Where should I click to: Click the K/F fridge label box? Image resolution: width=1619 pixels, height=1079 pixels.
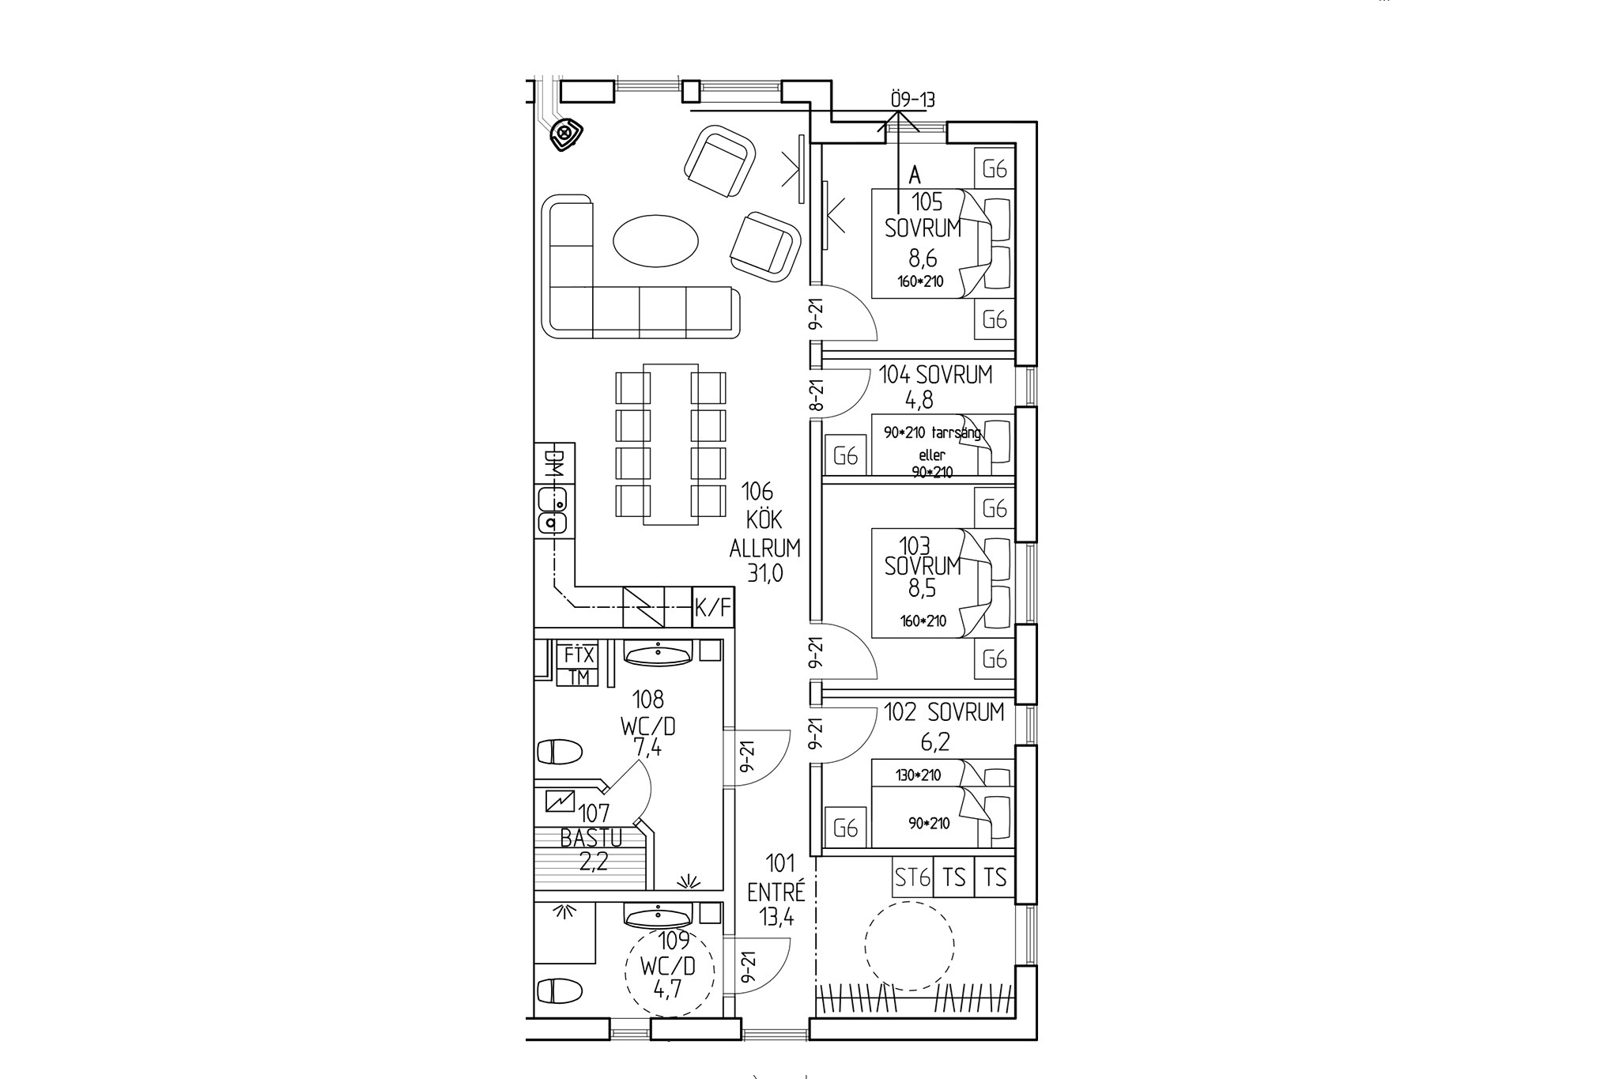coord(712,607)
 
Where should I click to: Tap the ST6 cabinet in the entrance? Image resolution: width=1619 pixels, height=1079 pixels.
coord(911,877)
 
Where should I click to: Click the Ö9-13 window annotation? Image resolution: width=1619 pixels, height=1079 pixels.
coord(912,100)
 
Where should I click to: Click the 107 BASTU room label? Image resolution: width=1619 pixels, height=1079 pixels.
coord(591,825)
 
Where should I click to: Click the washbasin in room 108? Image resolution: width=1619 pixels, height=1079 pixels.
coord(658,654)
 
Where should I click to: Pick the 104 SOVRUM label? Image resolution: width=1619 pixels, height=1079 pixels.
coord(935,375)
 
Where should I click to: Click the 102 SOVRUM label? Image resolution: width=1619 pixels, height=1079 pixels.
coord(943,712)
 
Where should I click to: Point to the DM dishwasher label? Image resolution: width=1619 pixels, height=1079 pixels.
coord(554,464)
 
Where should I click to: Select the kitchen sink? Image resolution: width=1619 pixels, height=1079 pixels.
coord(553,511)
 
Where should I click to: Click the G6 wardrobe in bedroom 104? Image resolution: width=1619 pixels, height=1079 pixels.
coord(845,456)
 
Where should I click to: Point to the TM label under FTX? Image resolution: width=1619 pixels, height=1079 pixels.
coord(579,677)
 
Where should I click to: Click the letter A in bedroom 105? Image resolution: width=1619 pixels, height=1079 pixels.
coord(915,175)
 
